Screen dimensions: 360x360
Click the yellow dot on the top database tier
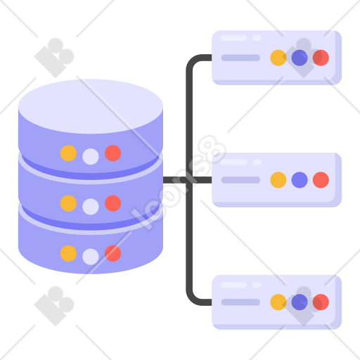click(68, 153)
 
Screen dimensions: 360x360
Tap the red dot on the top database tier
click(113, 153)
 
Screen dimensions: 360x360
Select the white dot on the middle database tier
click(91, 207)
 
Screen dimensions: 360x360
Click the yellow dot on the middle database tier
click(68, 203)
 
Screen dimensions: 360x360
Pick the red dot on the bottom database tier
click(113, 253)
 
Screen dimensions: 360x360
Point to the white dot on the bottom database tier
click(91, 257)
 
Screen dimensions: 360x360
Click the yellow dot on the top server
click(278, 58)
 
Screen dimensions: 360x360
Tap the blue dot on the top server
click(300, 58)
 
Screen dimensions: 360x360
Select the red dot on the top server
click(321, 58)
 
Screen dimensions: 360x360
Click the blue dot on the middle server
click(300, 180)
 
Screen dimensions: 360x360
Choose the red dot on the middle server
click(321, 180)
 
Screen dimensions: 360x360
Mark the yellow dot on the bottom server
click(278, 302)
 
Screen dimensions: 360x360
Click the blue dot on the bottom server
click(300, 302)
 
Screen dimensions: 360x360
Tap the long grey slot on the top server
click(240, 58)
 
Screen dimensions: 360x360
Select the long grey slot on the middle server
click(240, 180)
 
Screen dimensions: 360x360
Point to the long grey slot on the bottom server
click(240, 302)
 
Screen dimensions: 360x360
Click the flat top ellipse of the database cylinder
click(91, 106)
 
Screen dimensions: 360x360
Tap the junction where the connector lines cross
click(189, 180)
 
